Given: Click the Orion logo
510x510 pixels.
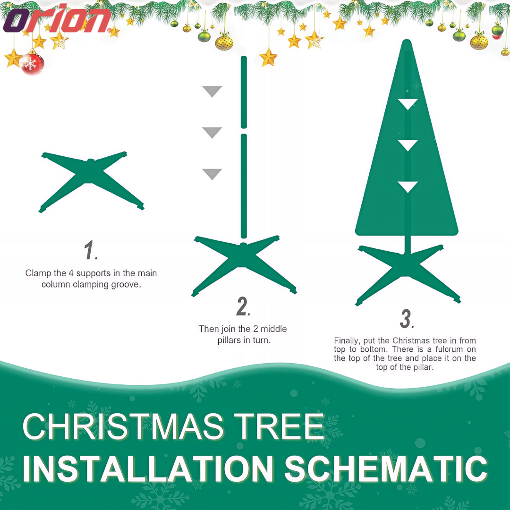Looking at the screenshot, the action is [57, 19].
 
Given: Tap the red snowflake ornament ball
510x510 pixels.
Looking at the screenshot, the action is [32, 63].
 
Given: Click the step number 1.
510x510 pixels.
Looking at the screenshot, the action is [91, 250].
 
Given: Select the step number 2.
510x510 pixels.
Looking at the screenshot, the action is [243, 306].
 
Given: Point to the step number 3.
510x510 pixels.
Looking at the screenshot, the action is [407, 318].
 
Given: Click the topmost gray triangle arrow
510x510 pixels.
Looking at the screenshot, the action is [212, 92].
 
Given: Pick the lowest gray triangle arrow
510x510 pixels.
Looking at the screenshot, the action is [212, 174].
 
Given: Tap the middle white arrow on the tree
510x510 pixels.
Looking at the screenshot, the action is [408, 145].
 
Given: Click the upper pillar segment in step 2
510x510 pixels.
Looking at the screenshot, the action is [244, 92].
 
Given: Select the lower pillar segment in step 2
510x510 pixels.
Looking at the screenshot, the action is [244, 186].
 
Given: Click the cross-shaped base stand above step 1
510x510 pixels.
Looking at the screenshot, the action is [91, 181].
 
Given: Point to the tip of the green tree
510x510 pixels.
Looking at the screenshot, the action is [407, 40].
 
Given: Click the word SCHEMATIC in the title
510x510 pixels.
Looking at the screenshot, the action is [386, 468].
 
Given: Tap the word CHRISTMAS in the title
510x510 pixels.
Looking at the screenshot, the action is [123, 426].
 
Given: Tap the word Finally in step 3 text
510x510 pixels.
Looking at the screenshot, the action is [347, 341].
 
